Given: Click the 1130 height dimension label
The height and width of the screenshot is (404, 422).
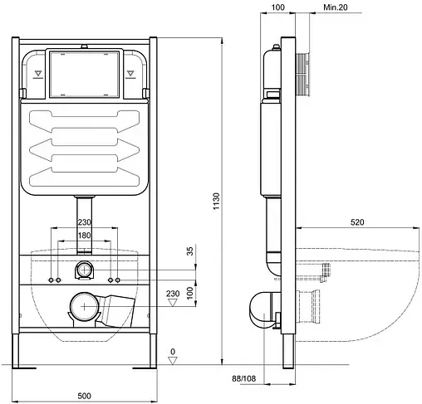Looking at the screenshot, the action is point(216,201).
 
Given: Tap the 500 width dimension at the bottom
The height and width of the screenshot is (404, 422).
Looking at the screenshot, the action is point(84,396).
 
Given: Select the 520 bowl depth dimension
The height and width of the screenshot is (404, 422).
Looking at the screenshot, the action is point(357,222).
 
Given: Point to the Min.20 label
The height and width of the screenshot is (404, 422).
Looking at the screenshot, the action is point(336,7).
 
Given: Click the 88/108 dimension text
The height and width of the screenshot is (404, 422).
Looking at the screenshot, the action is point(244,378).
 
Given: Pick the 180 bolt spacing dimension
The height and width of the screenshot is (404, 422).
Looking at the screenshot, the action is point(84,236).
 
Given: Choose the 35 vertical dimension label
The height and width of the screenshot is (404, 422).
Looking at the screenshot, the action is point(190,251).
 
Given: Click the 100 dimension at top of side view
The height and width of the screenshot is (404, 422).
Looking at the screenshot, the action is point(277,7).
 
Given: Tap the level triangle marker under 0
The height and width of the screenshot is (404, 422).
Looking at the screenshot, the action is point(173,361).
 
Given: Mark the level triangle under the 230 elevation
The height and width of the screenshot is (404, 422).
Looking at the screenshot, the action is point(173,302).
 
